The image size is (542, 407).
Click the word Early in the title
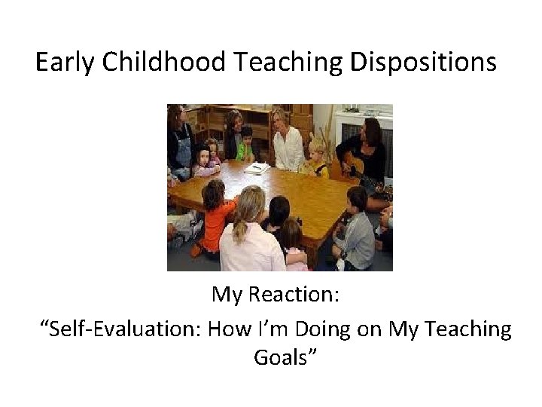click(x=65, y=63)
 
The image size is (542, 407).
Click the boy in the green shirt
click(x=244, y=146)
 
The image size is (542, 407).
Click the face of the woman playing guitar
click(x=372, y=128)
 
